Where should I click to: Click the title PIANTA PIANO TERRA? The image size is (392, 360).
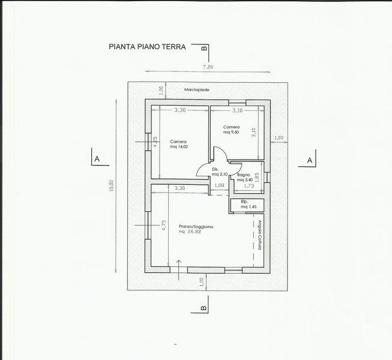point(148,46)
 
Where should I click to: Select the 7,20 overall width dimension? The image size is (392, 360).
point(208,68)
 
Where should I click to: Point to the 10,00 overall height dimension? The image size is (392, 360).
point(111,185)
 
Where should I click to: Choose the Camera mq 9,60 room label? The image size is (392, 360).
point(232,130)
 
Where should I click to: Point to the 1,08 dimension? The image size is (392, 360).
point(220,186)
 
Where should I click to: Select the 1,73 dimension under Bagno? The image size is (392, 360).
point(249,187)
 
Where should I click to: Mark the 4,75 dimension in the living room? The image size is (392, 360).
point(163,225)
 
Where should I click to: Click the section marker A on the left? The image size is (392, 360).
point(96,160)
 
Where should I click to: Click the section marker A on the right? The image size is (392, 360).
point(309,160)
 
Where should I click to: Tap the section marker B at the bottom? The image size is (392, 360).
point(203,308)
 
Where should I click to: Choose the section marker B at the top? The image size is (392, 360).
point(204,47)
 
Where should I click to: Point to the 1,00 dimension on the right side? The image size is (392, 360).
point(278,138)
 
